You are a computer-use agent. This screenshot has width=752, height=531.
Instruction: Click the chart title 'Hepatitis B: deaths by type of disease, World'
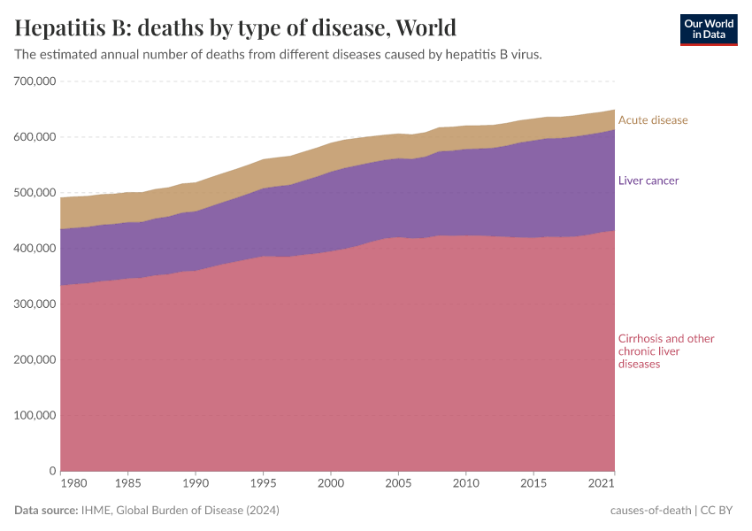235,27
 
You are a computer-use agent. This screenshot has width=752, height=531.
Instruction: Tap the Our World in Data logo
708,29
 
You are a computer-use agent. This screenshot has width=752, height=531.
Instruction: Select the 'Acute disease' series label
652,120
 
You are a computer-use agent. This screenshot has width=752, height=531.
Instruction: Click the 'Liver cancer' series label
648,181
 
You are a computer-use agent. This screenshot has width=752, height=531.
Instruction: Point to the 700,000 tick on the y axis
35,81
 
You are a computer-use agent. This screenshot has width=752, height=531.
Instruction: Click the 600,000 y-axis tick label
35,137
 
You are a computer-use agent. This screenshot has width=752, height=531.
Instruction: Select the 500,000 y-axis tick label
35,193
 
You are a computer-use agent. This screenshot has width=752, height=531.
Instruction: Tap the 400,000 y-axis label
35,249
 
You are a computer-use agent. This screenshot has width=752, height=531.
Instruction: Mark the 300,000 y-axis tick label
35,304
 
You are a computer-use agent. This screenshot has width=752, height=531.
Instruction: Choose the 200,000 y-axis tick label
35,360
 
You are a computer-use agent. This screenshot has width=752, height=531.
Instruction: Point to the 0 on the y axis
53,471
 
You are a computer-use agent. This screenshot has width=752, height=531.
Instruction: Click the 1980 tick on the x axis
74,484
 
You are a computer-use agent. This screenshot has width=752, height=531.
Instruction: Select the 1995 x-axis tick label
263,484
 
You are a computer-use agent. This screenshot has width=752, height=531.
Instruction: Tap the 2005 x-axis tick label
397,484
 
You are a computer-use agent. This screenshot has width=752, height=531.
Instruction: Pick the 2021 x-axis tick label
602,484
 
